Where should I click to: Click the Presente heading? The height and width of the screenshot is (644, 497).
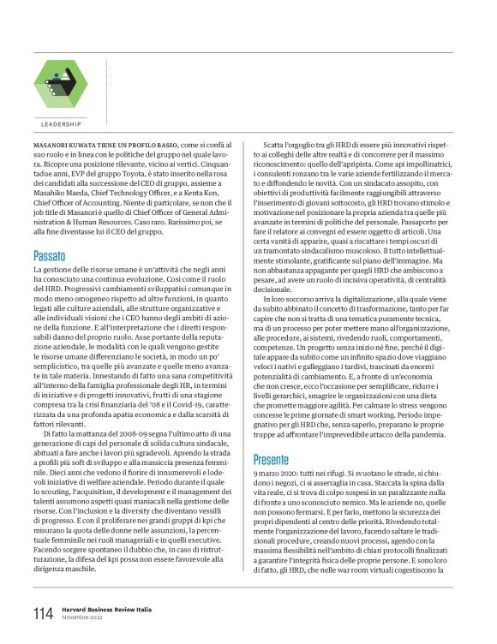point(272,459)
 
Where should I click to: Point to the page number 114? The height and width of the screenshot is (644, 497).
point(43,614)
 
